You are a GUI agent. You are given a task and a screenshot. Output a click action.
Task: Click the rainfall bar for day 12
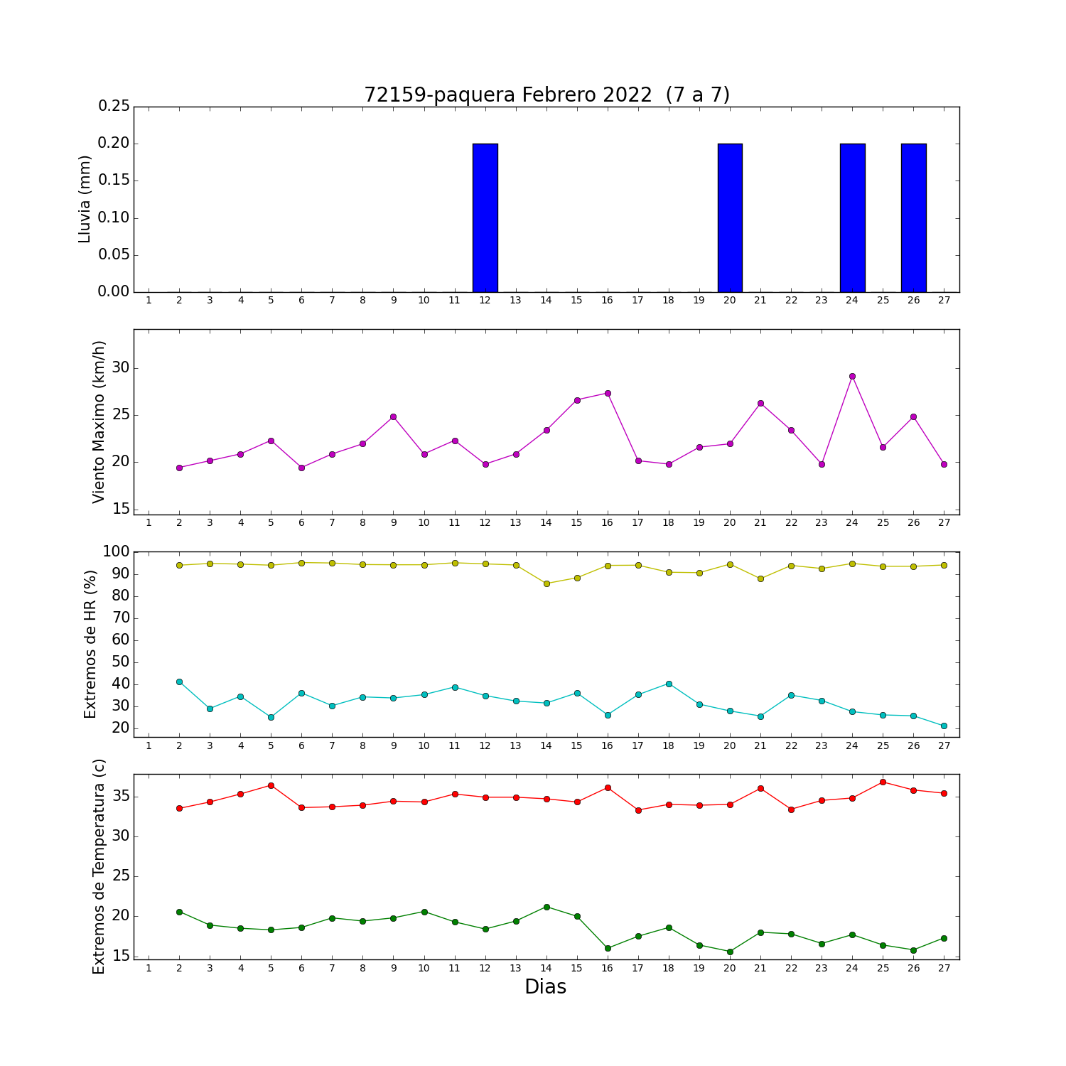coord(485,217)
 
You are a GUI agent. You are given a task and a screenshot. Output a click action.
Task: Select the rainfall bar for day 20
coord(730,217)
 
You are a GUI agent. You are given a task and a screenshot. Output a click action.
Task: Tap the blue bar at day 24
coord(852,217)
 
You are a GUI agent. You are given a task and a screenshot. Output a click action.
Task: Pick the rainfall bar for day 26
coord(913,217)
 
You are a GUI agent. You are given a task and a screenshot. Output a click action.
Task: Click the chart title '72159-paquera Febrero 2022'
coord(507,95)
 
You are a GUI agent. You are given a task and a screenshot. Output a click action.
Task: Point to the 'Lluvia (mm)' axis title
coord(85,199)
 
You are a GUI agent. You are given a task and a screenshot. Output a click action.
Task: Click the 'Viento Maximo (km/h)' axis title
coord(99,421)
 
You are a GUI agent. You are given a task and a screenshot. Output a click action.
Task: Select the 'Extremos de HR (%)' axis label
coord(90,644)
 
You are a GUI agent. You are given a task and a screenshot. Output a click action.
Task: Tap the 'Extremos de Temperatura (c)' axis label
coord(99,866)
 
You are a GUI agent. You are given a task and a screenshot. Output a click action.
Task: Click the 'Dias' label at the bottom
coord(545,987)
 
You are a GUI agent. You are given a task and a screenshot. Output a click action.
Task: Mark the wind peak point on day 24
coord(852,376)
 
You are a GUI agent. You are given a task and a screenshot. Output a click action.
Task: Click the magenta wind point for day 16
coord(608,393)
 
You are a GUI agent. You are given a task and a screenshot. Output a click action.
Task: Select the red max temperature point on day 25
coord(883,782)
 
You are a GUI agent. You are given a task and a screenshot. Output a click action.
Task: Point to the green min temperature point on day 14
coord(547,907)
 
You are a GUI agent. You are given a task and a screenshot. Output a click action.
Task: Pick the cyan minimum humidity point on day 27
coord(944,726)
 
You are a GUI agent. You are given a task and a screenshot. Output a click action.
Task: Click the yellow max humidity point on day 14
coord(547,583)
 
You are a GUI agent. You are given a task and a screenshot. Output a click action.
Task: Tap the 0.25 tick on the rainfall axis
coord(114,107)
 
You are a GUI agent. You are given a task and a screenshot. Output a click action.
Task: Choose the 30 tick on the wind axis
coord(121,368)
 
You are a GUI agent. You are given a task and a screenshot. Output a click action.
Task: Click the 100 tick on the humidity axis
coord(117,551)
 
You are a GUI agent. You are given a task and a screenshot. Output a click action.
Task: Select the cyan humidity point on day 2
coord(179,682)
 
